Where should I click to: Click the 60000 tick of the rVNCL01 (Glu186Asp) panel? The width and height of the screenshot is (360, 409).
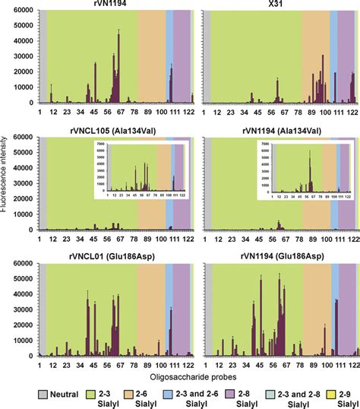click(x=24, y=264)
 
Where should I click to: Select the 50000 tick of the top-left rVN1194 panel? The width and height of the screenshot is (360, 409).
click(x=24, y=27)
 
